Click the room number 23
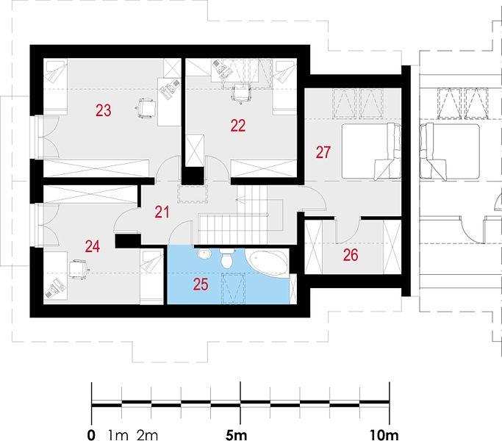tap(104, 110)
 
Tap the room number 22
tap(238, 126)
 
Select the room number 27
tap(323, 152)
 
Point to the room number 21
tap(162, 212)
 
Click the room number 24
tap(93, 247)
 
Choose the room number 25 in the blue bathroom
tap(201, 284)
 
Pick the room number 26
tap(351, 255)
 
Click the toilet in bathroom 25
tap(227, 259)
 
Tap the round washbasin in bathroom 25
tap(204, 254)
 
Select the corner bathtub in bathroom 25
tap(268, 262)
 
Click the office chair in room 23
tap(146, 108)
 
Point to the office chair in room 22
tap(241, 93)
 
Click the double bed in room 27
tap(371, 151)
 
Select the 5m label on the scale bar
tap(236, 435)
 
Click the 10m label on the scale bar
tap(384, 435)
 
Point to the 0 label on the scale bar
tap(91, 435)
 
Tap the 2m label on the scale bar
tap(148, 435)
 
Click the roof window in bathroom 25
tap(234, 288)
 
